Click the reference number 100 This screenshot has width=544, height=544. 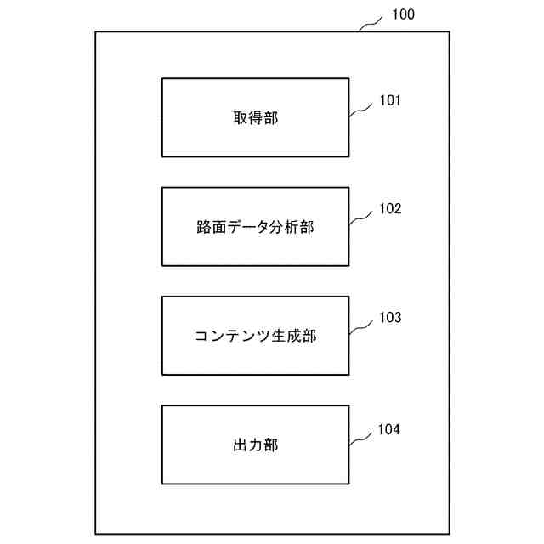[x=404, y=14]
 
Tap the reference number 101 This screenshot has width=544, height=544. [x=390, y=100]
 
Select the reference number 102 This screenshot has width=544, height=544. [x=390, y=209]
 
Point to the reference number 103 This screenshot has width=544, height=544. [x=390, y=318]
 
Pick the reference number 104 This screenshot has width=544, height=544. [x=390, y=428]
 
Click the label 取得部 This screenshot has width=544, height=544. [x=255, y=118]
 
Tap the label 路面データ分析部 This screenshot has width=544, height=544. [x=255, y=227]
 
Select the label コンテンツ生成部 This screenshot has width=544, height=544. [x=255, y=337]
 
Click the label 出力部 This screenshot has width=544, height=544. [x=255, y=445]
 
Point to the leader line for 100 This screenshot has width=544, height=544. [x=372, y=23]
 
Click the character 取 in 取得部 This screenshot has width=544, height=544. [x=241, y=118]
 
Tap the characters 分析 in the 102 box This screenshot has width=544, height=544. [x=286, y=227]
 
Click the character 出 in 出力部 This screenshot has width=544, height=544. [x=241, y=445]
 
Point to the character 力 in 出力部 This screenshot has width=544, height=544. [x=255, y=445]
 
